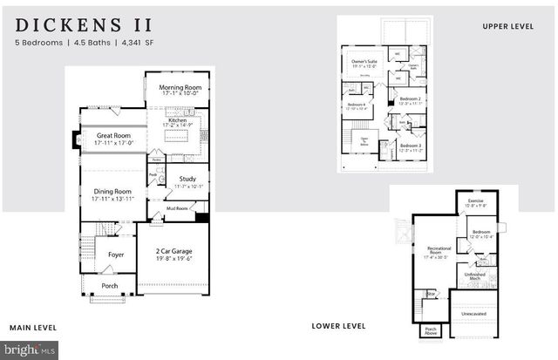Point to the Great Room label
[113, 135]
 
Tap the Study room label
[188, 180]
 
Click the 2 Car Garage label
[174, 251]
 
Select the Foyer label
[116, 255]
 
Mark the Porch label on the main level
[110, 285]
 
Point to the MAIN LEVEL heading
[33, 328]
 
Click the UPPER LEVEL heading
[508, 27]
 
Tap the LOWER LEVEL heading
[337, 326]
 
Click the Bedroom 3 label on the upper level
[410, 146]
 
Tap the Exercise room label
[475, 201]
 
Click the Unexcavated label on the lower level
[473, 312]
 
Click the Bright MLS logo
[31, 351]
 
